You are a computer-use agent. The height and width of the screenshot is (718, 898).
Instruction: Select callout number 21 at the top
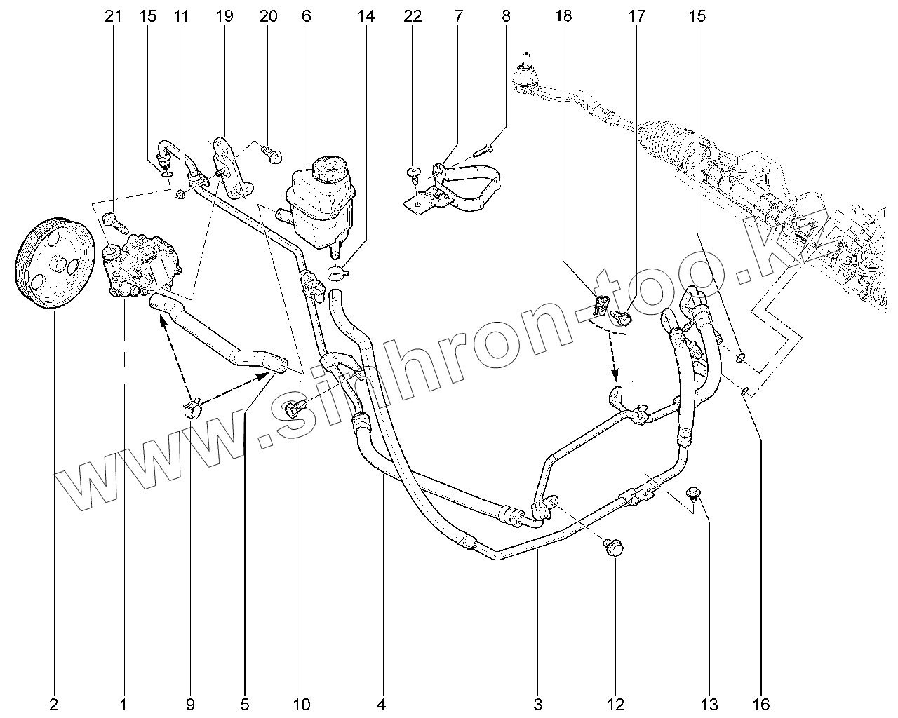pyautogui.click(x=113, y=16)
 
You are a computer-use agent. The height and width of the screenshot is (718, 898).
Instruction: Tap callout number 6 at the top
pyautogui.click(x=307, y=16)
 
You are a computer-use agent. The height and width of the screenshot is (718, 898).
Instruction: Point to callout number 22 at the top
pyautogui.click(x=413, y=16)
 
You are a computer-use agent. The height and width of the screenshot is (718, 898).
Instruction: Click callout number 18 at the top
pyautogui.click(x=563, y=16)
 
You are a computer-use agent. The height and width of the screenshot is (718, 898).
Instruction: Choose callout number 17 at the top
pyautogui.click(x=637, y=16)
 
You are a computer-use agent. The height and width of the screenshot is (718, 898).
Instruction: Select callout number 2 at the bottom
pyautogui.click(x=53, y=705)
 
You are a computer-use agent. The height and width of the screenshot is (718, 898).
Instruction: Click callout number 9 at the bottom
pyautogui.click(x=190, y=705)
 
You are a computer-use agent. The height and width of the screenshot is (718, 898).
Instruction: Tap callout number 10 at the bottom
pyautogui.click(x=302, y=705)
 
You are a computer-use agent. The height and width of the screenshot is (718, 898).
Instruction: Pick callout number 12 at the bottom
pyautogui.click(x=615, y=705)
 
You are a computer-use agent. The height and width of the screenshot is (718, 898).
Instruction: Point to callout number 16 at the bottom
pyautogui.click(x=760, y=705)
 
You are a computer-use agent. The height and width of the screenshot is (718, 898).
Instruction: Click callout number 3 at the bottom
pyautogui.click(x=538, y=705)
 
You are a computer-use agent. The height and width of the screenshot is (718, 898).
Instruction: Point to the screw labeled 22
pyautogui.click(x=414, y=175)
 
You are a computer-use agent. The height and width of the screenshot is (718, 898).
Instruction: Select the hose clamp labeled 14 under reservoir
pyautogui.click(x=338, y=272)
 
